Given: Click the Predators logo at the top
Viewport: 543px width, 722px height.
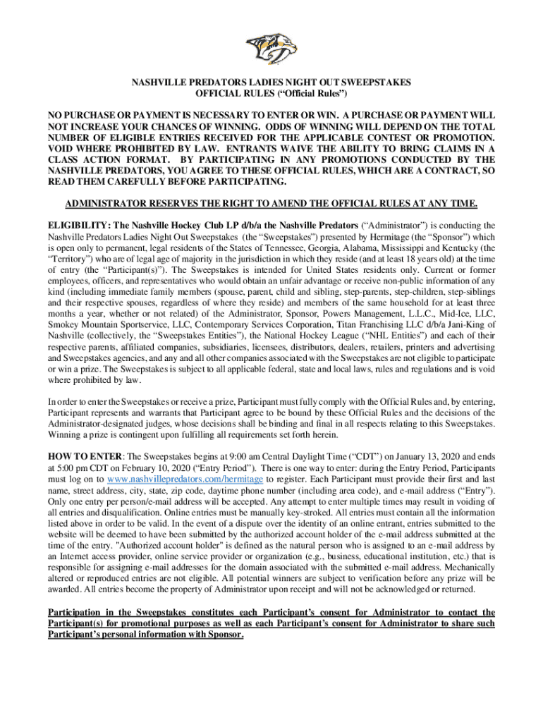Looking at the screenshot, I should click(x=271, y=47).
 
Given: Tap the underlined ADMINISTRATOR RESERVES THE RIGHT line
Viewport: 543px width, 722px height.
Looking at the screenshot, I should click(x=271, y=204).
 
